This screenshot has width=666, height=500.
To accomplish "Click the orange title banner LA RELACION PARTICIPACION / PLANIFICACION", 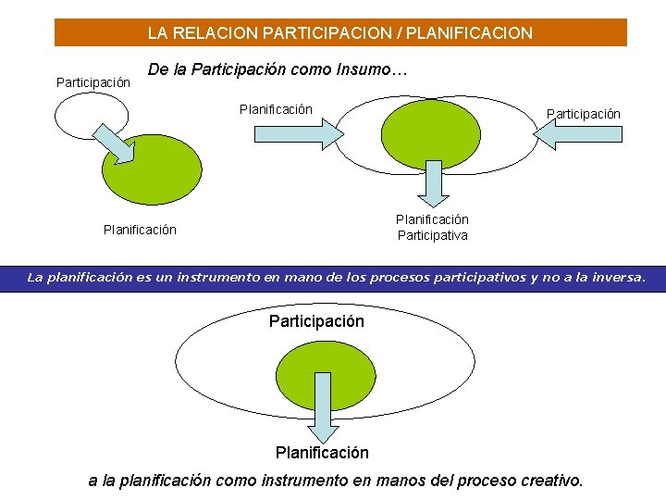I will (x=340, y=33).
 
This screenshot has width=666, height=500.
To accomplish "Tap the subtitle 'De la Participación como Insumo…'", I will (x=277, y=70).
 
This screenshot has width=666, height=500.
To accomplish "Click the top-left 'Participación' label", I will (x=93, y=83).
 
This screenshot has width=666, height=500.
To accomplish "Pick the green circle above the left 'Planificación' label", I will (x=151, y=169).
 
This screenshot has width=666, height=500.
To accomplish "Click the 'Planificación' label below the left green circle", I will (x=140, y=230).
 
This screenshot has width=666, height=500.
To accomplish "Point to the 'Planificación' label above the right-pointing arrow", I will (x=276, y=110).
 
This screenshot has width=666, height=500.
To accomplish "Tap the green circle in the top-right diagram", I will (x=431, y=132).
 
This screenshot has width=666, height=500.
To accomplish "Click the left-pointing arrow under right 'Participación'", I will (x=578, y=135).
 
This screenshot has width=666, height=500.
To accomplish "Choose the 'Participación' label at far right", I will (x=583, y=114).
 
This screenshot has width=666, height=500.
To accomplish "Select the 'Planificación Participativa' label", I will (x=432, y=228).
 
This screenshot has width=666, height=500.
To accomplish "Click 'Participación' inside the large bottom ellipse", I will (x=316, y=321).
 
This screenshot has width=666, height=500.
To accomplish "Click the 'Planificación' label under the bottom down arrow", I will (x=322, y=453).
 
